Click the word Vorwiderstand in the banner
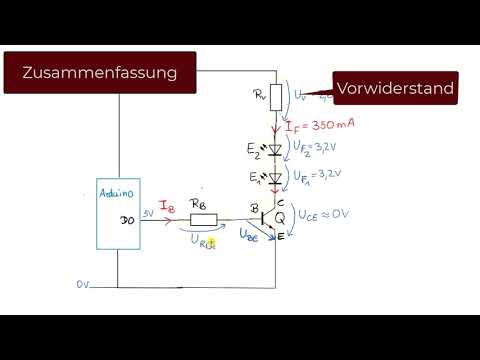(395, 89)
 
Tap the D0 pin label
(127, 220)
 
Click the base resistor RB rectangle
(204, 219)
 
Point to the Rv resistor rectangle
(277, 97)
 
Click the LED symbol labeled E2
(277, 148)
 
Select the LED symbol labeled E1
(277, 178)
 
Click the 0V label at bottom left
(84, 284)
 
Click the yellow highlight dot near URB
(211, 241)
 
